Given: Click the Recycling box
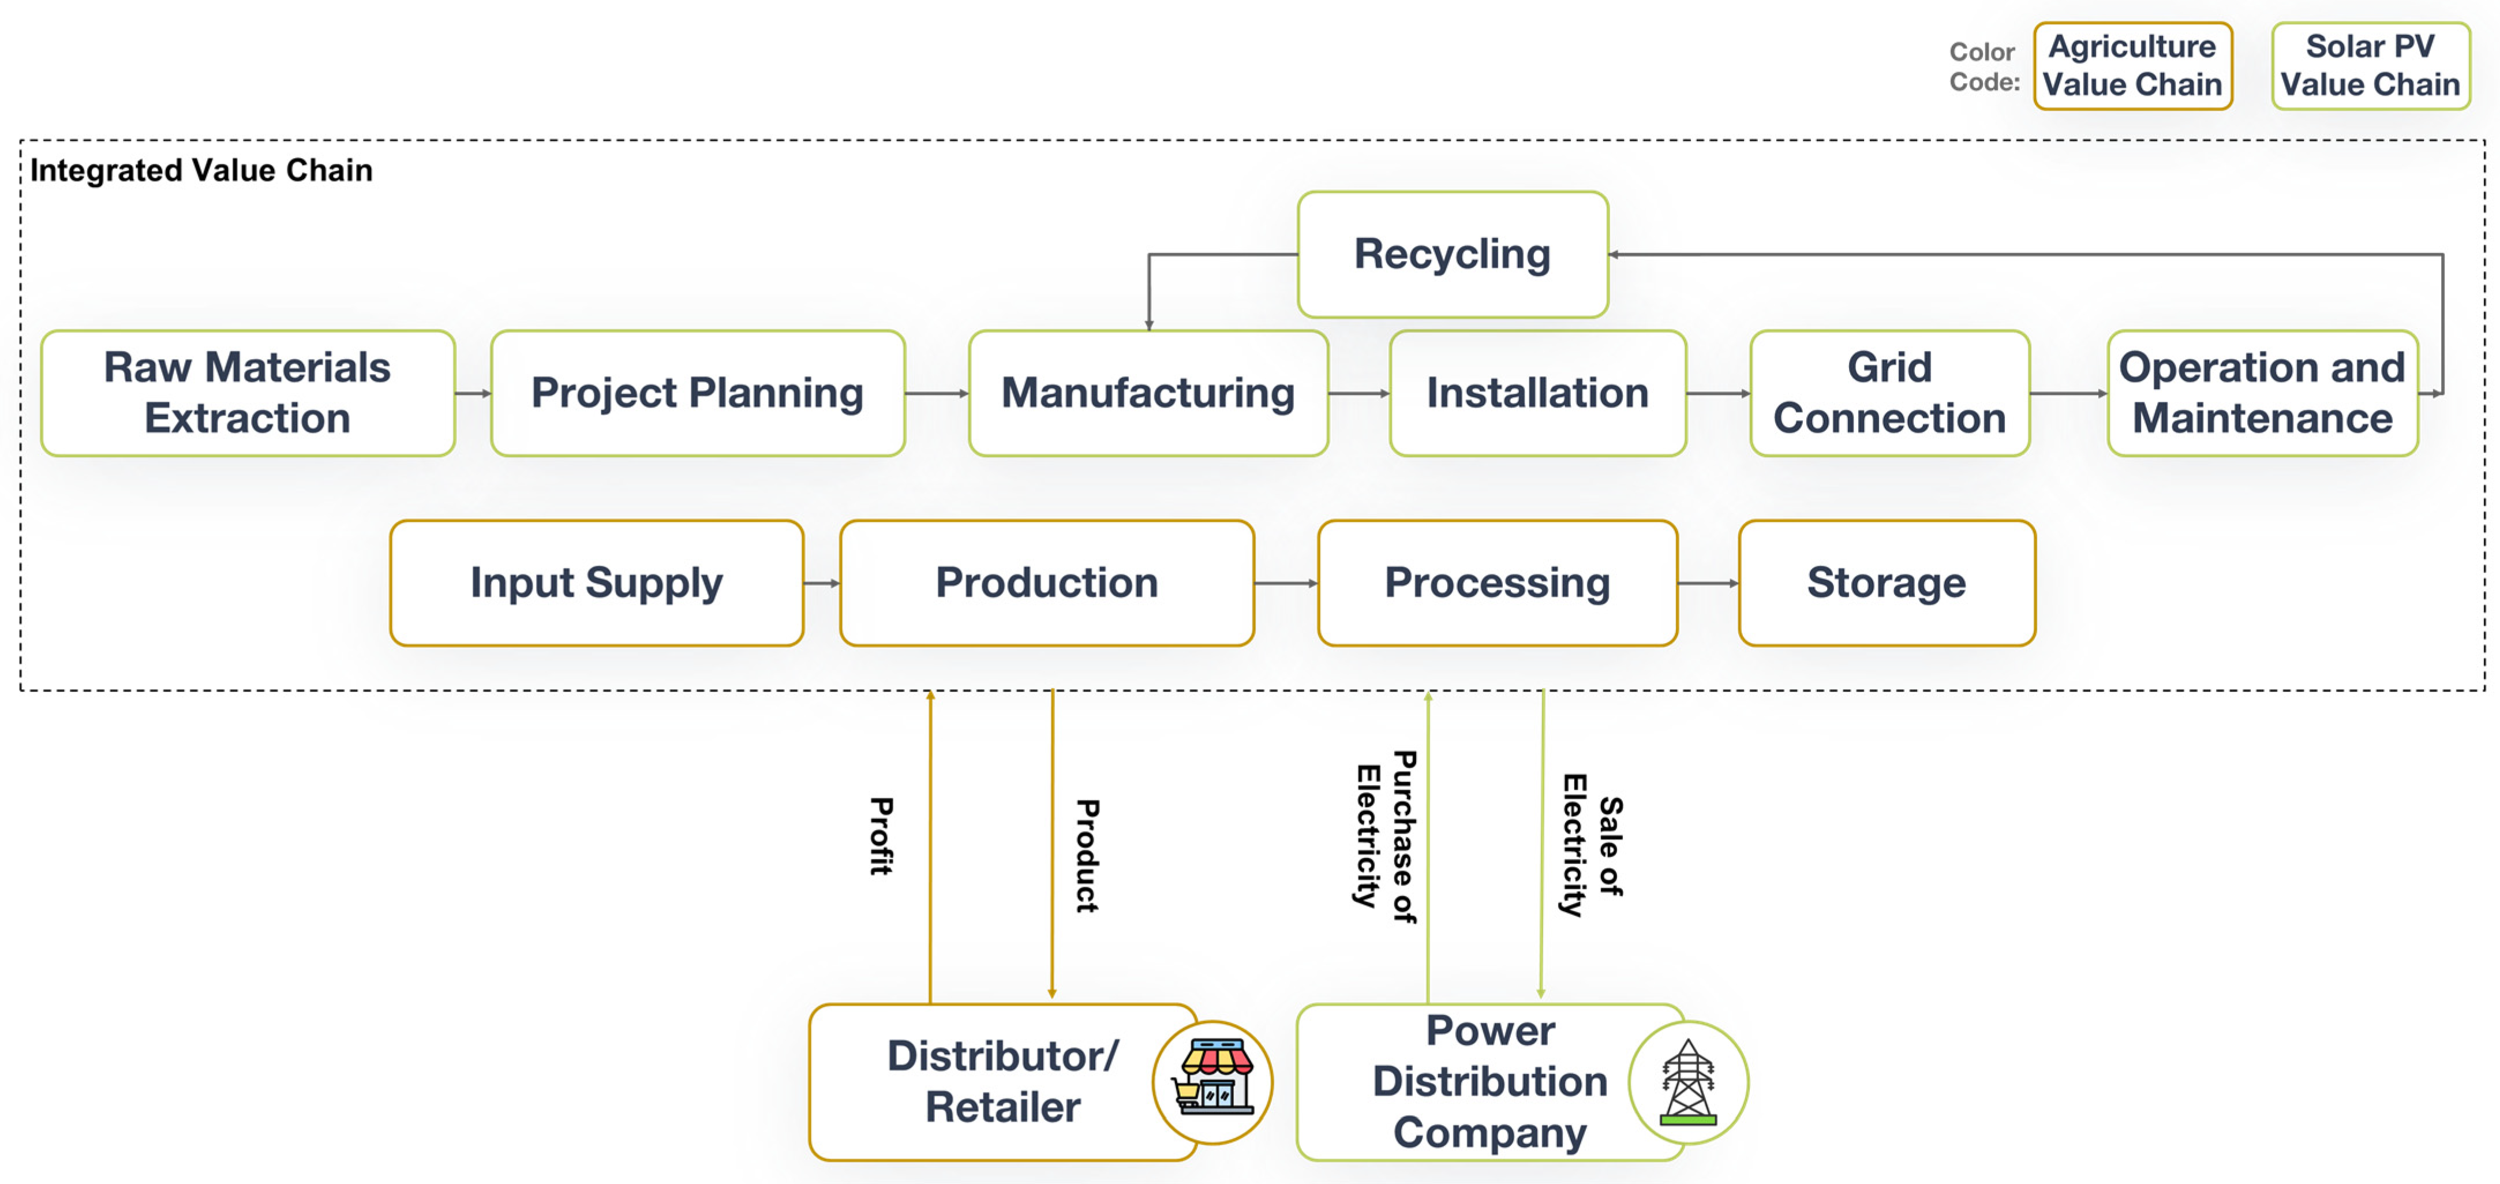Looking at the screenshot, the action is [x=1453, y=254].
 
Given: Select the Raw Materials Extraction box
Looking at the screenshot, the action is [x=248, y=393].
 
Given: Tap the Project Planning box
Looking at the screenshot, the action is [x=698, y=393].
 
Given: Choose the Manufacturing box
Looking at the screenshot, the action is [x=1148, y=393].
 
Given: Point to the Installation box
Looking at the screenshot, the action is [x=1537, y=393].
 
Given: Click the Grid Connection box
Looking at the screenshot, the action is [x=1889, y=393].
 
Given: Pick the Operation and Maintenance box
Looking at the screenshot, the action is [x=2262, y=393].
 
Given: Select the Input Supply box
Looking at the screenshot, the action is [x=597, y=583].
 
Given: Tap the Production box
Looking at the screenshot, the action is [x=1047, y=583].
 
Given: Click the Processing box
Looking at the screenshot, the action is [x=1498, y=583].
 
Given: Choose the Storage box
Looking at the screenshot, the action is [x=1887, y=583].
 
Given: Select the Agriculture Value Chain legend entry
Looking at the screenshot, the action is [x=2132, y=66].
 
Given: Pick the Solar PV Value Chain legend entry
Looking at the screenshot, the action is [x=2370, y=66].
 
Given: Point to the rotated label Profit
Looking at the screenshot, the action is [x=881, y=836].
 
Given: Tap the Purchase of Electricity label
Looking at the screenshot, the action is [x=1386, y=836].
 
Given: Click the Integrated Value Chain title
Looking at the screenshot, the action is [x=201, y=171].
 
